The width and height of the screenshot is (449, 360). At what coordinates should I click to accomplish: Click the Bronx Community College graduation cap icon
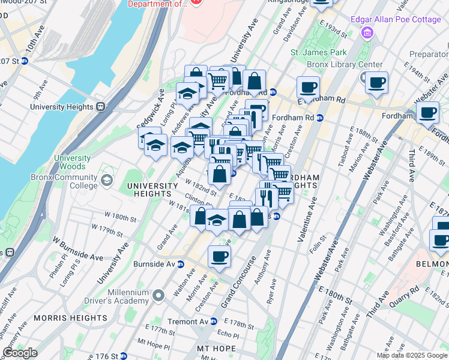(107, 180)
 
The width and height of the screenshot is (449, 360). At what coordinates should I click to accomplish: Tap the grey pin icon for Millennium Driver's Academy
(158, 295)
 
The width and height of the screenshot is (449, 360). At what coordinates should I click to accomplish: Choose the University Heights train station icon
(101, 107)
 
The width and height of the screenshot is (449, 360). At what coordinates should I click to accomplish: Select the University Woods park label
(72, 162)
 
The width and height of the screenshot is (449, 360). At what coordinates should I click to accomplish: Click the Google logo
(20, 352)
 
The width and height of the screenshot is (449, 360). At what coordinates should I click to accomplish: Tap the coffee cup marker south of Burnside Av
(219, 257)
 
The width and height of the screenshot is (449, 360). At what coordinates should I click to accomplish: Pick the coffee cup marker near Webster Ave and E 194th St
(376, 83)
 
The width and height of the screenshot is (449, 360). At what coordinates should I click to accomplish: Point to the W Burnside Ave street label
(78, 248)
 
